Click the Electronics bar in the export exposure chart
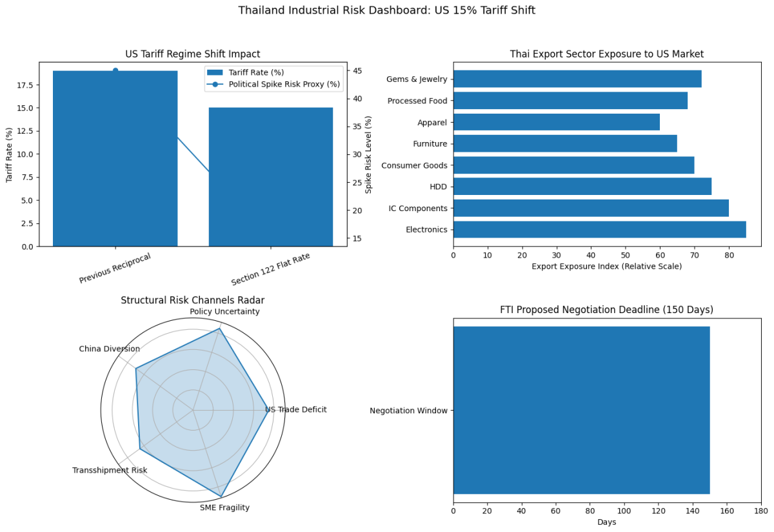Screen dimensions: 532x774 [599, 229]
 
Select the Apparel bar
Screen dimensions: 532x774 [556, 122]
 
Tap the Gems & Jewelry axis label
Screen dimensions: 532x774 [417, 79]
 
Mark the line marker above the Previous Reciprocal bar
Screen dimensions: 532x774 [115, 70]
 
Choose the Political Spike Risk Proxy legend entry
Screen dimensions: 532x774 [284, 85]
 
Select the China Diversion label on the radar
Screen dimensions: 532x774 [109, 349]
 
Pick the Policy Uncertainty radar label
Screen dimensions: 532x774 [224, 311]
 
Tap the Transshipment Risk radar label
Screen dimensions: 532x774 [110, 470]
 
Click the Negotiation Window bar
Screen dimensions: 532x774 [581, 410]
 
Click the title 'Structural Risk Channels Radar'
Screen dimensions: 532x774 [193, 300]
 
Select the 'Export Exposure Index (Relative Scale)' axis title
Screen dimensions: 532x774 [606, 266]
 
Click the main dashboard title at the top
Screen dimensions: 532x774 [386, 10]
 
